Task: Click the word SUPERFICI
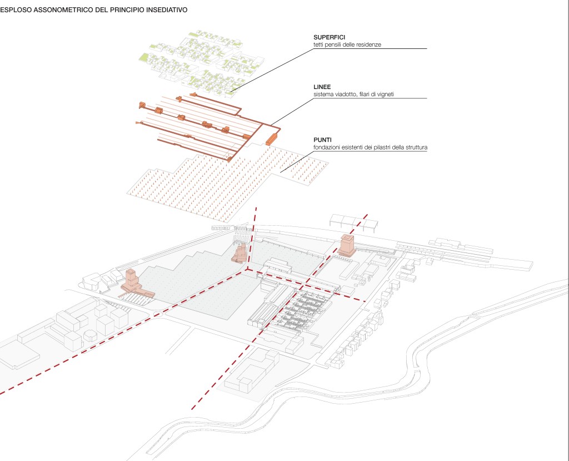(330, 37)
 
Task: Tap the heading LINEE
(322, 87)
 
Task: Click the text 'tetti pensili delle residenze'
(347, 44)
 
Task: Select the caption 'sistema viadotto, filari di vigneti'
(356, 95)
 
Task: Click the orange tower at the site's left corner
(132, 280)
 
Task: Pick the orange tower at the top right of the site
(347, 245)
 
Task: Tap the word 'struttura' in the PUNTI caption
(421, 147)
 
